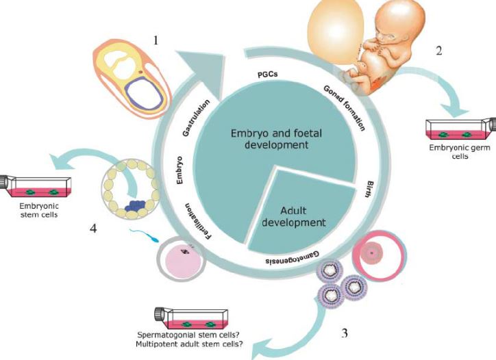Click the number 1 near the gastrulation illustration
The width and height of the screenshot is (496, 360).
point(156,41)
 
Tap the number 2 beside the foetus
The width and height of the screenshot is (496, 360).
point(438,50)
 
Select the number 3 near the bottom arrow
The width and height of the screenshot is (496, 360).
point(345,333)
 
